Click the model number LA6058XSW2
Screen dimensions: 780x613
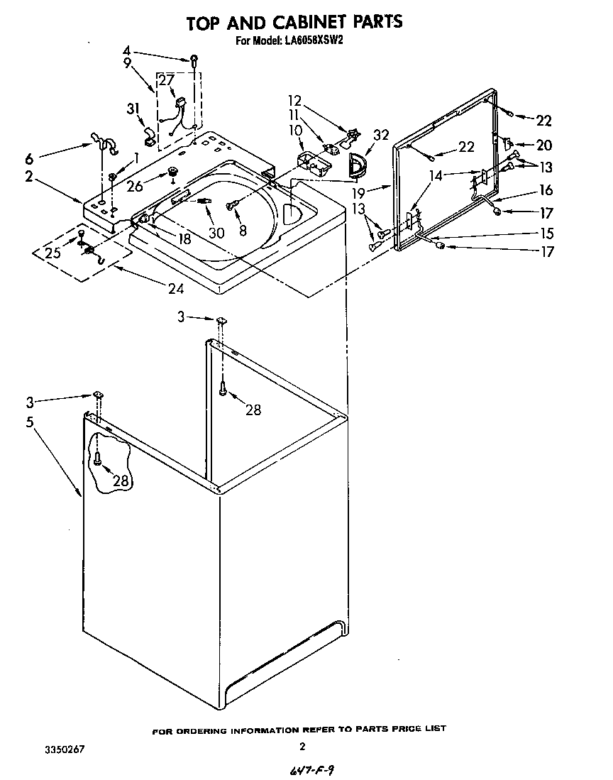[313, 41]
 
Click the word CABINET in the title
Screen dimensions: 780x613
[295, 22]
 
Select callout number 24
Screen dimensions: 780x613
[174, 288]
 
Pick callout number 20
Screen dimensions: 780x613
[543, 145]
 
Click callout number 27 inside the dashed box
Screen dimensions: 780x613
[166, 81]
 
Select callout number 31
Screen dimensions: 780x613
[132, 109]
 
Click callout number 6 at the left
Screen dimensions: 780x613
[28, 157]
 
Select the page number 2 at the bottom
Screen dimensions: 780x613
[303, 747]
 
